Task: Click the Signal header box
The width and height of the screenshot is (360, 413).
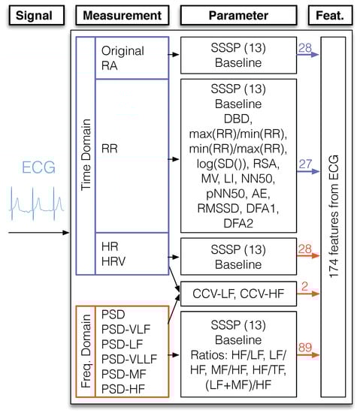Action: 32,14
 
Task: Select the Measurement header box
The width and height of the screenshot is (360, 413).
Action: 121,14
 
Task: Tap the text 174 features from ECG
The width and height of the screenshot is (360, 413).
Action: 333,218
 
